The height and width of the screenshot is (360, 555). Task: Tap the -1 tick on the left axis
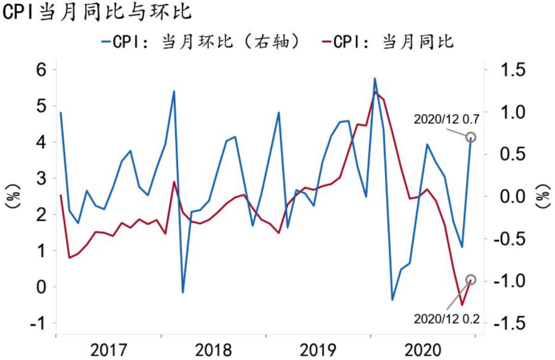(x=39, y=323)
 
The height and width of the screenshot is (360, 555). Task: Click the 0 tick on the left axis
(x=41, y=287)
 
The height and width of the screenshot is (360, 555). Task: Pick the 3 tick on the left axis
(x=41, y=178)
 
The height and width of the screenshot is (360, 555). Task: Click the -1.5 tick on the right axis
(x=507, y=323)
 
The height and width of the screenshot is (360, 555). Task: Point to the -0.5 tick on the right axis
(x=507, y=239)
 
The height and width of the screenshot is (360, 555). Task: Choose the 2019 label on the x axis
(x=318, y=350)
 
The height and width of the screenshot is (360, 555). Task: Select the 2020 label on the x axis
(x=423, y=350)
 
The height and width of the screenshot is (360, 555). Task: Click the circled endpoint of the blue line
(x=471, y=137)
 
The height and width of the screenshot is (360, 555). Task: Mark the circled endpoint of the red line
(x=471, y=280)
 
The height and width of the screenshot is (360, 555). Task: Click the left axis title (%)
(x=13, y=196)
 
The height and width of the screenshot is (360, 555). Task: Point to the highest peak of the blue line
(x=375, y=79)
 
